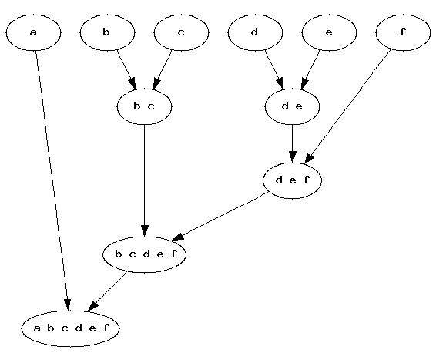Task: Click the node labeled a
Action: pyautogui.click(x=33, y=32)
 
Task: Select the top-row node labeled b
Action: pyautogui.click(x=107, y=32)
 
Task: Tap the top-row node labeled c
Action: pyautogui.click(x=181, y=32)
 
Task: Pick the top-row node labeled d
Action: pyautogui.click(x=255, y=32)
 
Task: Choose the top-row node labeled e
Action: pyautogui.click(x=329, y=32)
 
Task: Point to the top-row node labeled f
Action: pyautogui.click(x=403, y=32)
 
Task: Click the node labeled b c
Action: pyautogui.click(x=144, y=106)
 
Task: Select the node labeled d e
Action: pyautogui.click(x=292, y=106)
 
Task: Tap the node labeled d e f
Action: pyautogui.click(x=292, y=180)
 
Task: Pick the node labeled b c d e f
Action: pyautogui.click(x=144, y=254)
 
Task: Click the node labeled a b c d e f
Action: pyautogui.click(x=70, y=328)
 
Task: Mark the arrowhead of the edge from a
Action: pyautogui.click(x=68, y=305)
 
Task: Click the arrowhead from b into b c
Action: pyautogui.click(x=132, y=84)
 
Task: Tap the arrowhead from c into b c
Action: pyautogui.click(x=156, y=84)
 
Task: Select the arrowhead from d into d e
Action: pyautogui.click(x=280, y=84)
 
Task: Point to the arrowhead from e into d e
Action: pyautogui.click(x=304, y=84)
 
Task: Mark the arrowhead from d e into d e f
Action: pyautogui.click(x=292, y=157)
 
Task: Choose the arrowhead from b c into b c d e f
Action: pyautogui.click(x=145, y=231)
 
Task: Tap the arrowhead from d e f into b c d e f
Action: pyautogui.click(x=178, y=237)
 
